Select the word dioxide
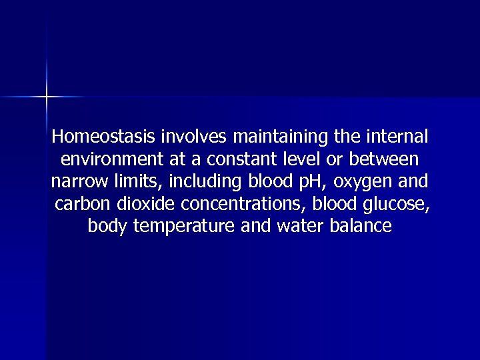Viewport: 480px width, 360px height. click(142, 204)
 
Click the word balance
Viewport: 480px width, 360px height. click(361, 226)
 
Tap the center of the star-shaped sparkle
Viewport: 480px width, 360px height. click(47, 97)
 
